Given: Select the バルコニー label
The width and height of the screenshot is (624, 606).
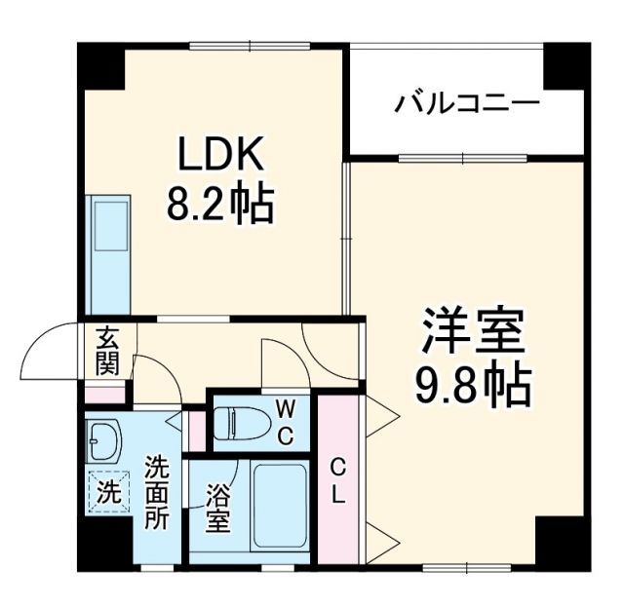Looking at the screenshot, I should click(467, 103).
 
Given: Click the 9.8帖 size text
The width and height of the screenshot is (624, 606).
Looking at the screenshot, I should click(474, 387).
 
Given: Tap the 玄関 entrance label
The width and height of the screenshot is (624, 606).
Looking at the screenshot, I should click(105, 352).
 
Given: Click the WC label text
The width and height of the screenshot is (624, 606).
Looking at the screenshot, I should click(285, 420).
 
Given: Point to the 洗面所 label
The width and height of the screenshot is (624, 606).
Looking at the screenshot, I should click(156, 492).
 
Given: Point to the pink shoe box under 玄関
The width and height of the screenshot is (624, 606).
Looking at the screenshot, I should click(104, 395).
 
